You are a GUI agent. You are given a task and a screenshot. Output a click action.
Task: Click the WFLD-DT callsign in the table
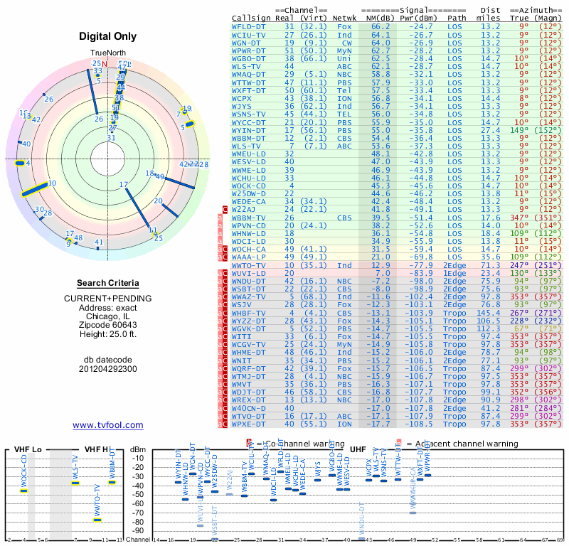click(248, 26)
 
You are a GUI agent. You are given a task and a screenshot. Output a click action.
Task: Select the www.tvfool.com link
click(107, 425)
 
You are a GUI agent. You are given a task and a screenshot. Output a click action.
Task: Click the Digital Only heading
click(107, 37)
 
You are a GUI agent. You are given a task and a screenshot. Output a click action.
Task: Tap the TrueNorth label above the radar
click(107, 53)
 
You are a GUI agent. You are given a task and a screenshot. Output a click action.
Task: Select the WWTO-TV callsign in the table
click(249, 265)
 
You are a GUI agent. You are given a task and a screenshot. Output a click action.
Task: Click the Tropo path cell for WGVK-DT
click(457, 328)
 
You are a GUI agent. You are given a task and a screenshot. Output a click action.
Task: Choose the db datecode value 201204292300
click(107, 369)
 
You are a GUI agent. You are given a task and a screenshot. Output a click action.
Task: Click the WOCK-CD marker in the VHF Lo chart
click(23, 491)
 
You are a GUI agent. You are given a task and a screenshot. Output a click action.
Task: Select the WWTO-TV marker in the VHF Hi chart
click(97, 520)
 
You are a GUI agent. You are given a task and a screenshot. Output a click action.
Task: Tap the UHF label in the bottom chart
click(359, 450)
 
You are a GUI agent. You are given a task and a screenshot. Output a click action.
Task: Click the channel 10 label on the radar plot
click(52, 183)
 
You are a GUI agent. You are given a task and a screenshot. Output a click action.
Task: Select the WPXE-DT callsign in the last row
click(249, 424)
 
